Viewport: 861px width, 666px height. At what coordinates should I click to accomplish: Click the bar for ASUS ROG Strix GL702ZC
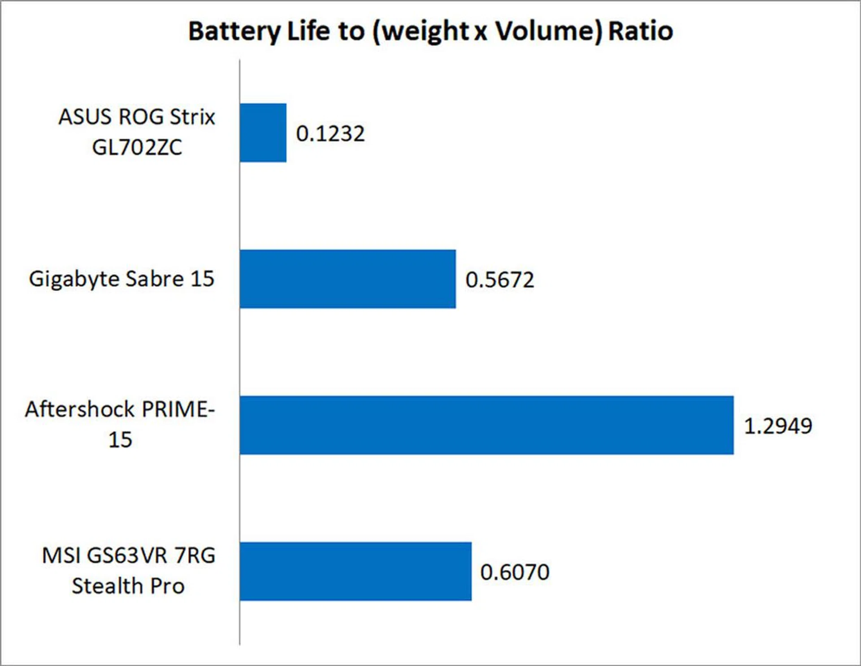(x=263, y=133)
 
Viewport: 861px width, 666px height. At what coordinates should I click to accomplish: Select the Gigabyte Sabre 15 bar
(x=348, y=279)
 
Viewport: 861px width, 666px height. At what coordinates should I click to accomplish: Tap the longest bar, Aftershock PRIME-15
(x=487, y=425)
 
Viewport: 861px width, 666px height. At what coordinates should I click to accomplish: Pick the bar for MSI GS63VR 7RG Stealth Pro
(x=355, y=571)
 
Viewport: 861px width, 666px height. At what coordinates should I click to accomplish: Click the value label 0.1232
(x=330, y=134)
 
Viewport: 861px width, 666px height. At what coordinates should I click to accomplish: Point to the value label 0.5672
(x=500, y=280)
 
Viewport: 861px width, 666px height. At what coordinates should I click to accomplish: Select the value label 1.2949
(x=778, y=426)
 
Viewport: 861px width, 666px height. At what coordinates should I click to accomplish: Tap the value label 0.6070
(x=515, y=572)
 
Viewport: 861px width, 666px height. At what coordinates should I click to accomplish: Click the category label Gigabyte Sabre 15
(x=122, y=279)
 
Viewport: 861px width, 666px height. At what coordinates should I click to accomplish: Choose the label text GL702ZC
(x=137, y=147)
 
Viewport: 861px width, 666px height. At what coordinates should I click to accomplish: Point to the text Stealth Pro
(x=128, y=586)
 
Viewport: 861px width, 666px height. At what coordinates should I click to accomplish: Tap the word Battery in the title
(x=234, y=31)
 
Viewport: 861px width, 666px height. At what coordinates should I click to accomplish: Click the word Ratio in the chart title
(x=640, y=31)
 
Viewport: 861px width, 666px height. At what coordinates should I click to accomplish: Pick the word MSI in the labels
(x=61, y=555)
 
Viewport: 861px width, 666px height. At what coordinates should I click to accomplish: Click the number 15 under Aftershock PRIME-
(x=120, y=440)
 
